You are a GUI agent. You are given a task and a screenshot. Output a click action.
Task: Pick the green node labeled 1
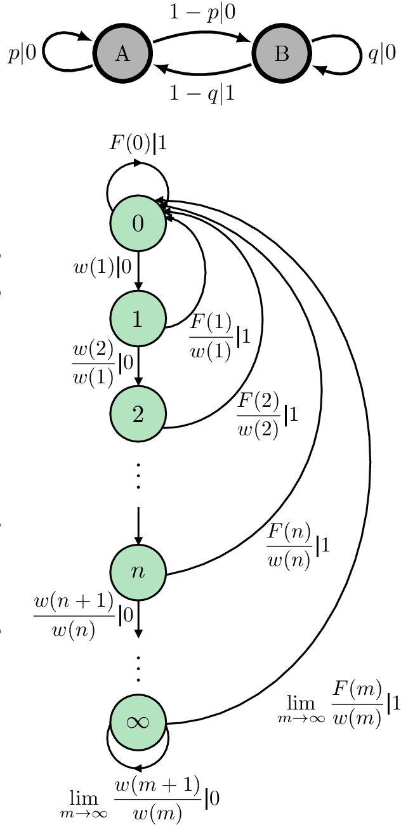pos(138,320)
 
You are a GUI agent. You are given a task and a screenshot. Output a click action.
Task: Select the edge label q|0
pos(382,55)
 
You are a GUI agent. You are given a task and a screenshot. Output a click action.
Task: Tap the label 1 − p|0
pos(202,12)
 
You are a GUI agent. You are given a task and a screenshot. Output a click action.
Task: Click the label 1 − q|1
pos(202,94)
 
